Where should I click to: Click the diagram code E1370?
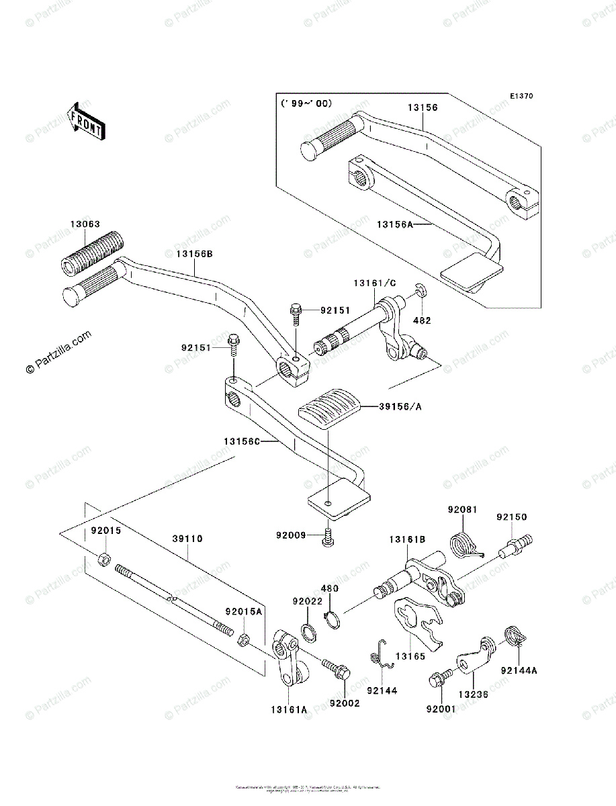point(521,96)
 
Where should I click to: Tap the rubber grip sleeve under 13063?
point(91,254)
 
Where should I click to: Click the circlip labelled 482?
point(419,289)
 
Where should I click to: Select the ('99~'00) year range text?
point(306,104)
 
